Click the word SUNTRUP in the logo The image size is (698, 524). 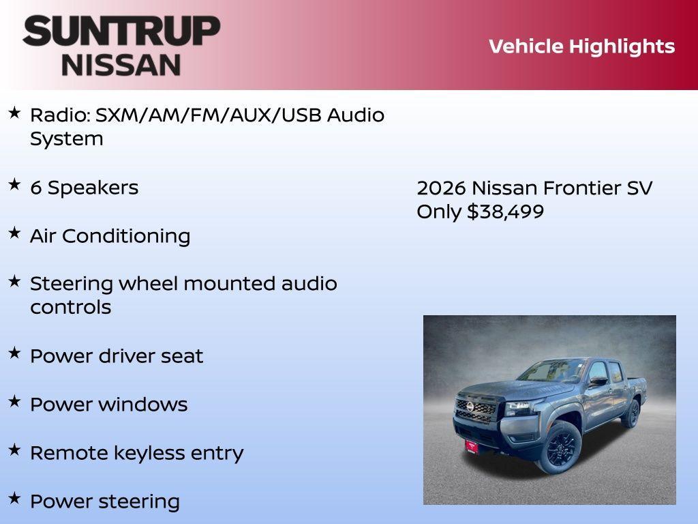pyautogui.click(x=121, y=31)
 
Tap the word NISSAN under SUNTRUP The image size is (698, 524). pyautogui.click(x=121, y=64)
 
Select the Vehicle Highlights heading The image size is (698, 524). pyautogui.click(x=581, y=46)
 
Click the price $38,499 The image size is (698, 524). pyautogui.click(x=505, y=212)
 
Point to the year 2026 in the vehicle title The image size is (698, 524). pyautogui.click(x=441, y=188)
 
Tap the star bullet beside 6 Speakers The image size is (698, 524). pyautogui.click(x=14, y=185)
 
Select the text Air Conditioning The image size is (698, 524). pyautogui.click(x=110, y=236)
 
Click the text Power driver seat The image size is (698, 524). pyautogui.click(x=117, y=356)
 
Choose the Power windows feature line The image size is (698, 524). pyautogui.click(x=108, y=405)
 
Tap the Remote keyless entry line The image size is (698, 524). pyautogui.click(x=136, y=453)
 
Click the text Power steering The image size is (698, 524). pyautogui.click(x=105, y=501)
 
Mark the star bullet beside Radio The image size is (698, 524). pyautogui.click(x=14, y=112)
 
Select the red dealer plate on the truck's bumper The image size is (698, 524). pyautogui.click(x=472, y=446)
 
